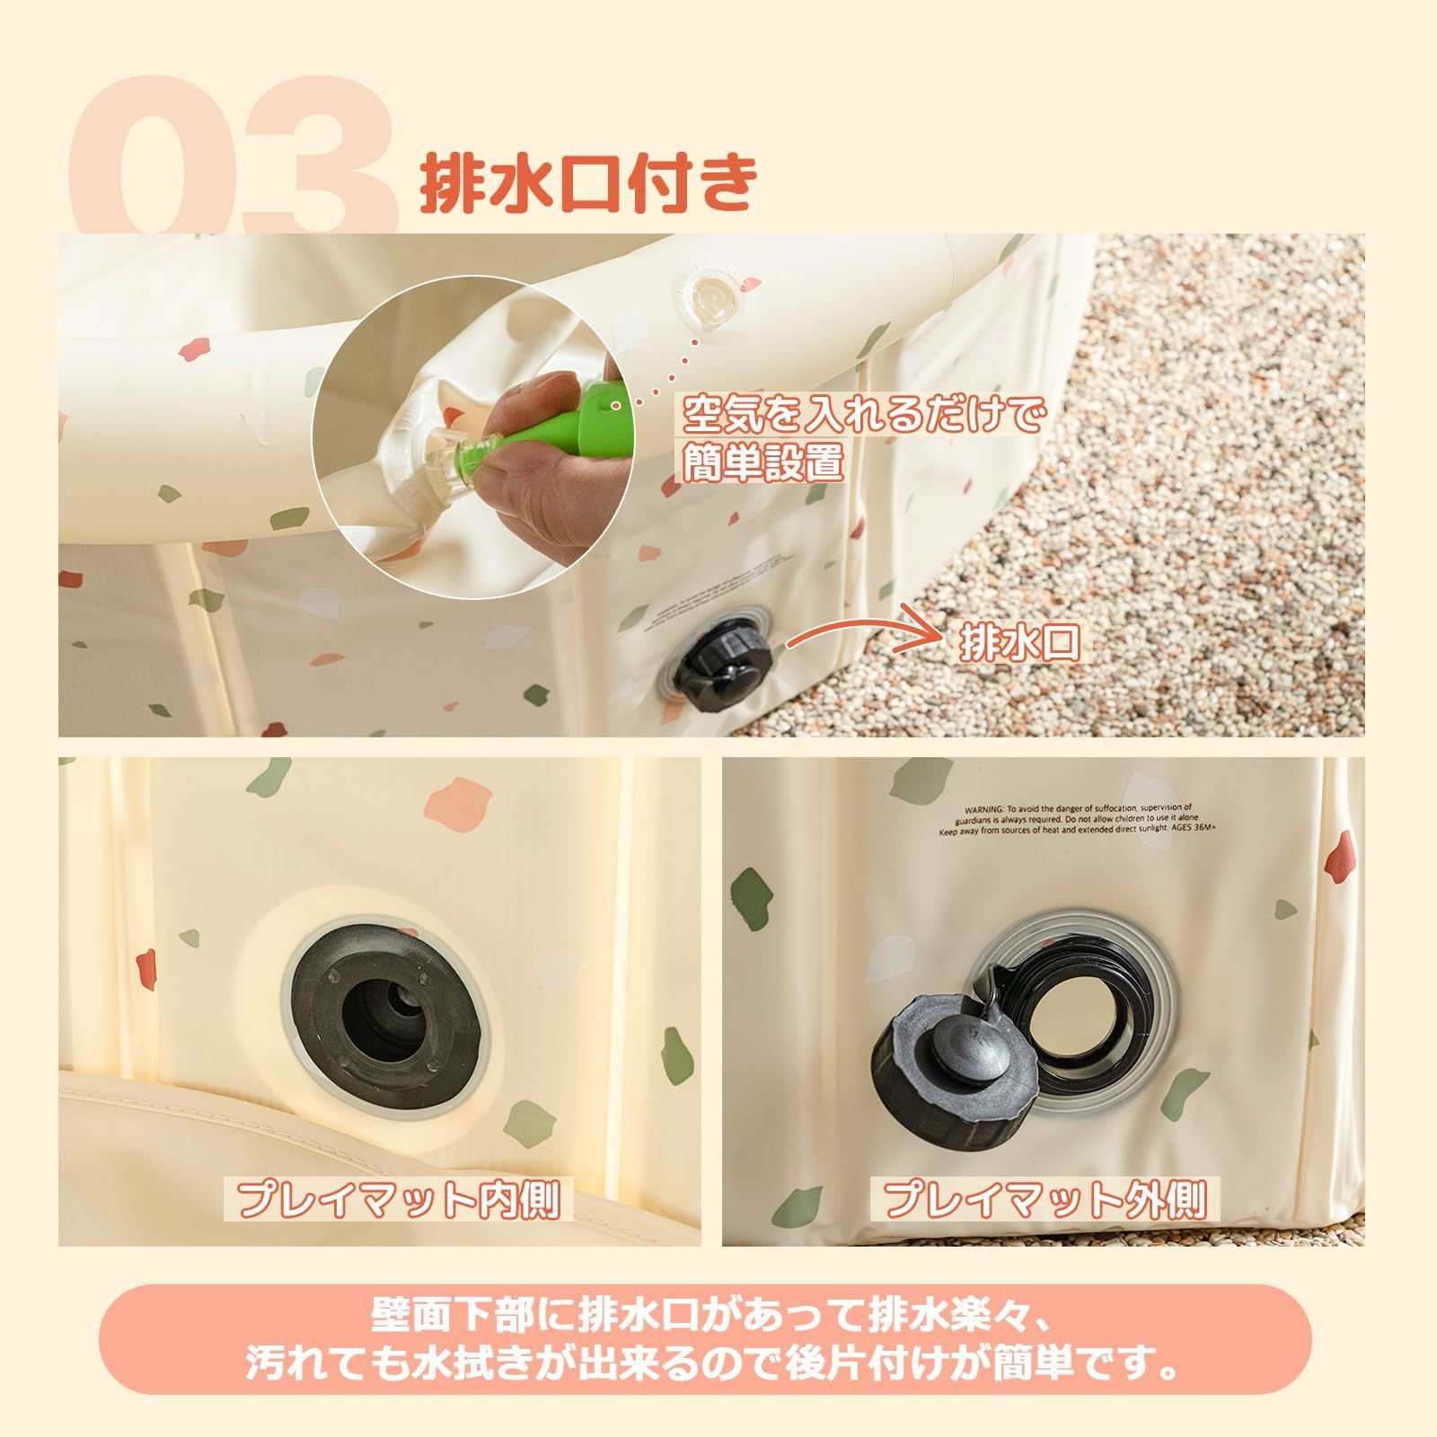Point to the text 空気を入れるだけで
coord(862,415)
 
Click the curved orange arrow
coord(862,629)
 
